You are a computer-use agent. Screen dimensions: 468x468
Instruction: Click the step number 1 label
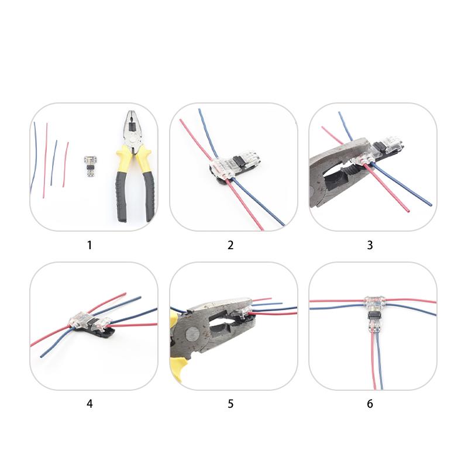pos(90,245)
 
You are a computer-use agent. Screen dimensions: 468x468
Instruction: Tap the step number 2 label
pos(230,245)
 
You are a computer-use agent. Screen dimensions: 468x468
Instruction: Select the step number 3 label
pos(370,245)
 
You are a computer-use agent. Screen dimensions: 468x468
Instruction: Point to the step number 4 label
pos(90,403)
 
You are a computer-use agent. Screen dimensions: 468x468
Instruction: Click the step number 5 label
pos(230,403)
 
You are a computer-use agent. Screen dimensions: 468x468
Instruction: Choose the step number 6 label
pos(370,403)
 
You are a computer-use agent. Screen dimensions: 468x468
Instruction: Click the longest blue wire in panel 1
pos(34,158)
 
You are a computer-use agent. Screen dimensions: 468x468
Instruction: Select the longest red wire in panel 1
pos(45,161)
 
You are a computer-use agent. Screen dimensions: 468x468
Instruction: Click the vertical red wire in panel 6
pos(373,366)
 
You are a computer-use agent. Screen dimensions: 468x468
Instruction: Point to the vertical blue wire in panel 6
pos(380,366)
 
